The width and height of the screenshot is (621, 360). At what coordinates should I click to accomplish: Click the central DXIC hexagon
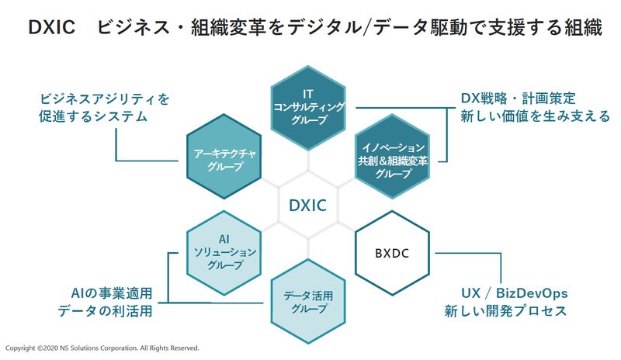(x=307, y=206)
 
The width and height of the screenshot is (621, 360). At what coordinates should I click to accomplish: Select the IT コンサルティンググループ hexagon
(x=308, y=106)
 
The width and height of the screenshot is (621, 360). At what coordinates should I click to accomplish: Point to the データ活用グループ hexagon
(x=308, y=303)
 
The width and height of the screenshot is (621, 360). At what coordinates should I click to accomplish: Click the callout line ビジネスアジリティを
(x=104, y=99)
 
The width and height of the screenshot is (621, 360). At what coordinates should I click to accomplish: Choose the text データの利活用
(x=105, y=311)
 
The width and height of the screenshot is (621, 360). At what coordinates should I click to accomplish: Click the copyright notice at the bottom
(x=102, y=348)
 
